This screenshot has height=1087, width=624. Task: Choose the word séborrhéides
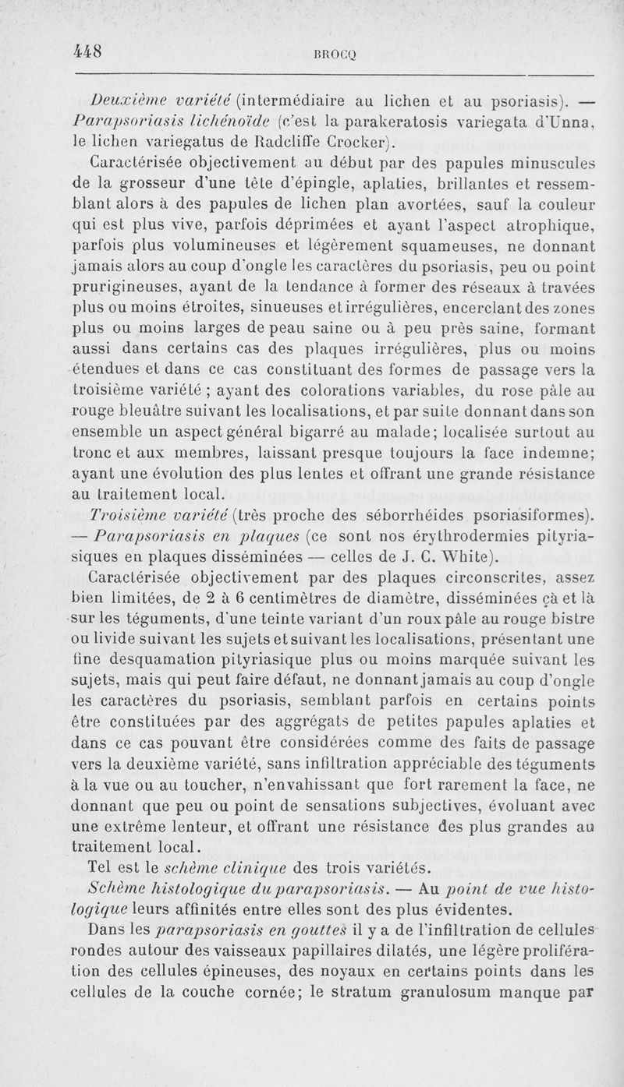coord(431,514)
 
